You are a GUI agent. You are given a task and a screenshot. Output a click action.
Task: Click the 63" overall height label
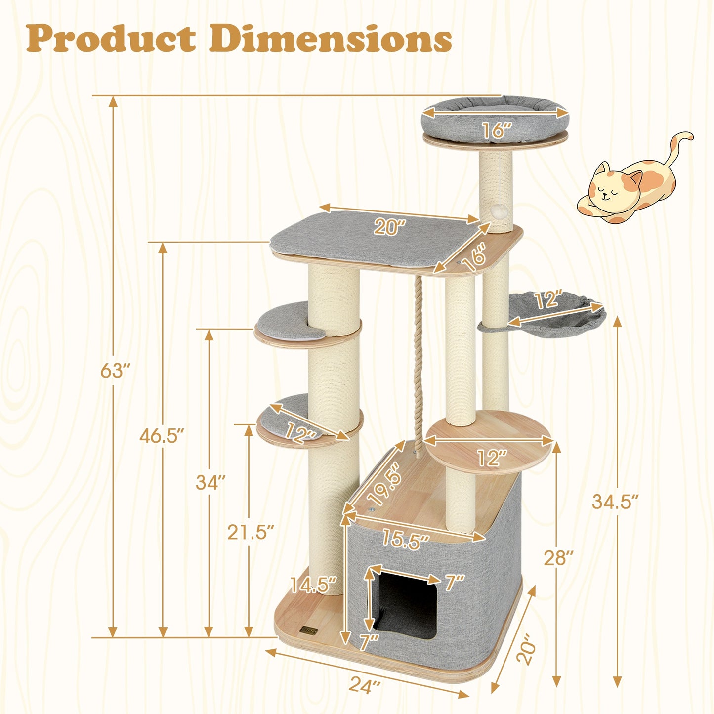click(x=115, y=370)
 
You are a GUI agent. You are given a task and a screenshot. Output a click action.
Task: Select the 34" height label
click(x=210, y=482)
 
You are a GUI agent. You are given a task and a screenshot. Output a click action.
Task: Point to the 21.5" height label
click(x=251, y=532)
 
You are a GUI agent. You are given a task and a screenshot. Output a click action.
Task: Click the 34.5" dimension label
click(x=615, y=502)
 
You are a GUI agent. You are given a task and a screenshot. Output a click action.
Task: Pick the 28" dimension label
click(x=558, y=558)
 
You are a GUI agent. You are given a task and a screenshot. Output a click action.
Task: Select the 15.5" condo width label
click(x=405, y=540)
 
